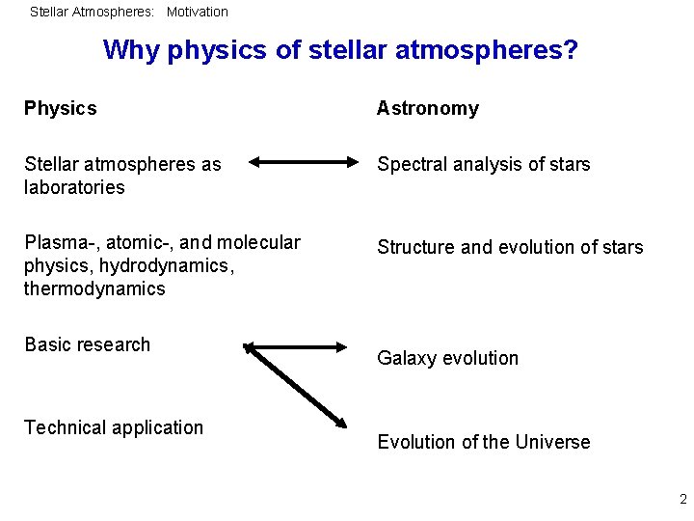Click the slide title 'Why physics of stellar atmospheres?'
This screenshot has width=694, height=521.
pos(340,49)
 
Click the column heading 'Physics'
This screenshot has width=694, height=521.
pos(61,108)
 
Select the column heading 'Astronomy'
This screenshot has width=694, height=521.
pos(427,108)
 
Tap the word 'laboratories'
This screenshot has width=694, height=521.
pos(74,187)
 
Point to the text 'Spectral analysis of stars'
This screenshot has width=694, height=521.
pos(483,164)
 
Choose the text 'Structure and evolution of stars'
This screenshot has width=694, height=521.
pos(509,247)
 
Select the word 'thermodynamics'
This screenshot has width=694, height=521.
pos(94,288)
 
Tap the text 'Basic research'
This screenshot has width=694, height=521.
pos(88,344)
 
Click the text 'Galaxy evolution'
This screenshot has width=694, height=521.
pos(447,358)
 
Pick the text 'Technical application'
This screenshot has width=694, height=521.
pos(114,427)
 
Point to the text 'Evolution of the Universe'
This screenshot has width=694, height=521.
pos(483,442)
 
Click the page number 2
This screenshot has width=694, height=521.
pos(682,499)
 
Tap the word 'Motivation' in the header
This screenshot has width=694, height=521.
pos(198,12)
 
